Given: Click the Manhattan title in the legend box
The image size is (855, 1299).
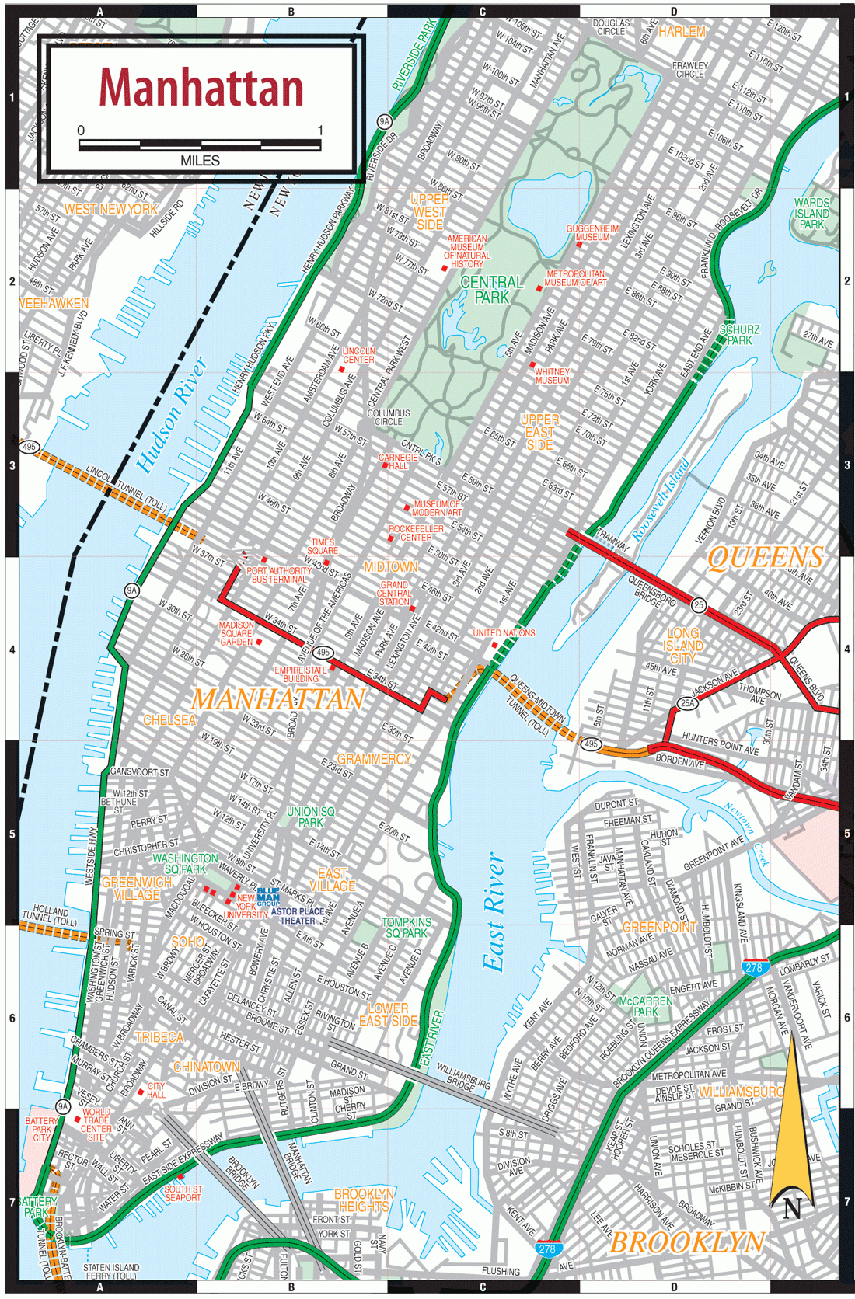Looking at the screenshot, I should tap(201, 87).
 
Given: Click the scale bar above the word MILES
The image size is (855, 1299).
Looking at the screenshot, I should tap(200, 145).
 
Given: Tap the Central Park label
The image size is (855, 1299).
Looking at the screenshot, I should tap(492, 289).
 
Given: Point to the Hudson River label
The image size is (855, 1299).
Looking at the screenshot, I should tap(173, 414).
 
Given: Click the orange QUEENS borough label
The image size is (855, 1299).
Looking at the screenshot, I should tap(765, 557).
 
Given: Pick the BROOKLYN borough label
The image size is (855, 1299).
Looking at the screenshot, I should tap(687, 1242).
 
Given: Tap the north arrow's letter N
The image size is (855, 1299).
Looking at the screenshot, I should tap(792, 1209).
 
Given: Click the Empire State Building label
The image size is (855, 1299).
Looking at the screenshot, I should tap(301, 674).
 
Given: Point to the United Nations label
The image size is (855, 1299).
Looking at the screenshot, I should tap(504, 633).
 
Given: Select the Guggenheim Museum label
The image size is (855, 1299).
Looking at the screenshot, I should tap(592, 232).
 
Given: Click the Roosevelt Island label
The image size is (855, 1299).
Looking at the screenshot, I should tap(661, 500).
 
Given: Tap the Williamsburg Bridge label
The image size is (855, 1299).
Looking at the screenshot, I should tap(463, 1077).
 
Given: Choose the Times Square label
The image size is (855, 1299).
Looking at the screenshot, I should tap(323, 546).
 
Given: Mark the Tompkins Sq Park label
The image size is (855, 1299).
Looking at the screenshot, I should tap(407, 927).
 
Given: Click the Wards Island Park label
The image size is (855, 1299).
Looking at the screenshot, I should tap(811, 213).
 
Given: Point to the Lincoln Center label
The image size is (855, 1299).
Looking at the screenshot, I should tap(358, 355).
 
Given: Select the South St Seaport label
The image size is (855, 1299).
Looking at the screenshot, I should tap(183, 1193).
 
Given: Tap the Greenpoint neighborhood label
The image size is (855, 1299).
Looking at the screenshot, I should tap(659, 927).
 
